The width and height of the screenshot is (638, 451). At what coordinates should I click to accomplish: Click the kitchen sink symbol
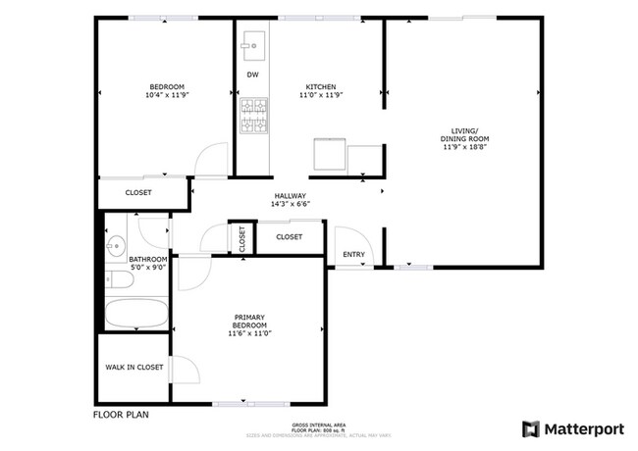252,43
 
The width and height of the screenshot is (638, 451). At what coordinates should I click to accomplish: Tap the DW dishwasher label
252,75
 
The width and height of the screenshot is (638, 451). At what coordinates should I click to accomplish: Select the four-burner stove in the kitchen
252,117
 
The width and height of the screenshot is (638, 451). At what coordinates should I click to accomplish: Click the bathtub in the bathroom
135,315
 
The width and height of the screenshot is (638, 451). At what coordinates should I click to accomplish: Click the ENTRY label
353,255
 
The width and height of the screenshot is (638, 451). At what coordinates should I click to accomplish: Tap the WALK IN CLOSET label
134,368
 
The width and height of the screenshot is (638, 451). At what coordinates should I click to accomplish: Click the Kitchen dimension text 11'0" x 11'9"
321,96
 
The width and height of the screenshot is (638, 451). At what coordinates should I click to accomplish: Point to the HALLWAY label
291,196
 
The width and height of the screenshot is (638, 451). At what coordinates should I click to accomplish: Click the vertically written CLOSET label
241,238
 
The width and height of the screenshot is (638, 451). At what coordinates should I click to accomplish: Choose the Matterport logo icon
530,428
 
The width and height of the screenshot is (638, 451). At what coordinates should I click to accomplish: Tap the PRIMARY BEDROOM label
250,322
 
